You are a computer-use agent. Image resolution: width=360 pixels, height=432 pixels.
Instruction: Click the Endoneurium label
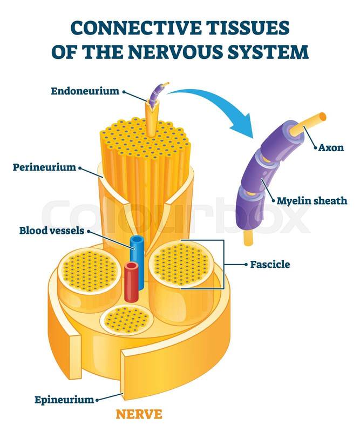click(85, 91)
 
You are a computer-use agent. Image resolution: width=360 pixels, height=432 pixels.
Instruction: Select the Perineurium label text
click(44, 167)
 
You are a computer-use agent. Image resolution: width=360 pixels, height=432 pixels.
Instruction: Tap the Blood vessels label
click(52, 231)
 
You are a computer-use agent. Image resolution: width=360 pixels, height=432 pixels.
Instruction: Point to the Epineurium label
click(64, 400)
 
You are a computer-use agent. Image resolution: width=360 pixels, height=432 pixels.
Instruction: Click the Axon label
click(331, 147)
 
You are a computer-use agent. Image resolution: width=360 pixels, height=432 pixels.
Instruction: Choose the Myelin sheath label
click(312, 201)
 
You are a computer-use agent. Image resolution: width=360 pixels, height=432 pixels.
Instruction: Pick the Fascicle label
click(270, 265)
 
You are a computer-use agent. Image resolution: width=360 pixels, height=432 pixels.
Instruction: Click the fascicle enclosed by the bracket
click(180, 265)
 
